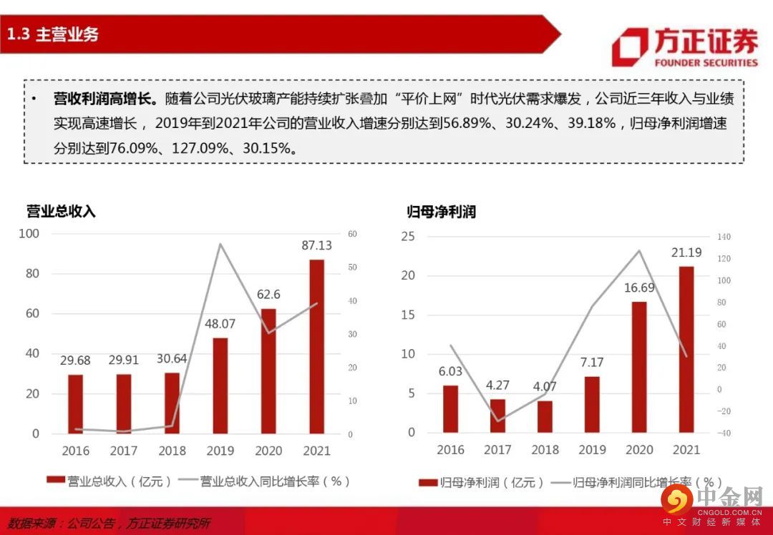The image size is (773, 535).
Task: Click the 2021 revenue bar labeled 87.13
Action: click(316, 346)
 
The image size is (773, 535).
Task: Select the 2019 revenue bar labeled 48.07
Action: click(220, 386)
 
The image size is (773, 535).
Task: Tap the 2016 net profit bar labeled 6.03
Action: click(450, 409)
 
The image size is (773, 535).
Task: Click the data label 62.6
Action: click(268, 294)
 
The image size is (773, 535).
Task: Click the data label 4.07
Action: click(545, 386)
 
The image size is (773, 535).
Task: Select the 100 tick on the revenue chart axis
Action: click(29, 234)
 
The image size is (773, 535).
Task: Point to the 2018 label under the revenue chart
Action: click(172, 451)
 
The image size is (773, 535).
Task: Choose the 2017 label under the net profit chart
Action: click(497, 450)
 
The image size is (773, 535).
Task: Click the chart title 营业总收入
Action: click(61, 212)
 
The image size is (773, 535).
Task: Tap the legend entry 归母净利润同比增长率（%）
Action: click(636, 483)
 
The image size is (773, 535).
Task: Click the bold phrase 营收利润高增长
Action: click(105, 98)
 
